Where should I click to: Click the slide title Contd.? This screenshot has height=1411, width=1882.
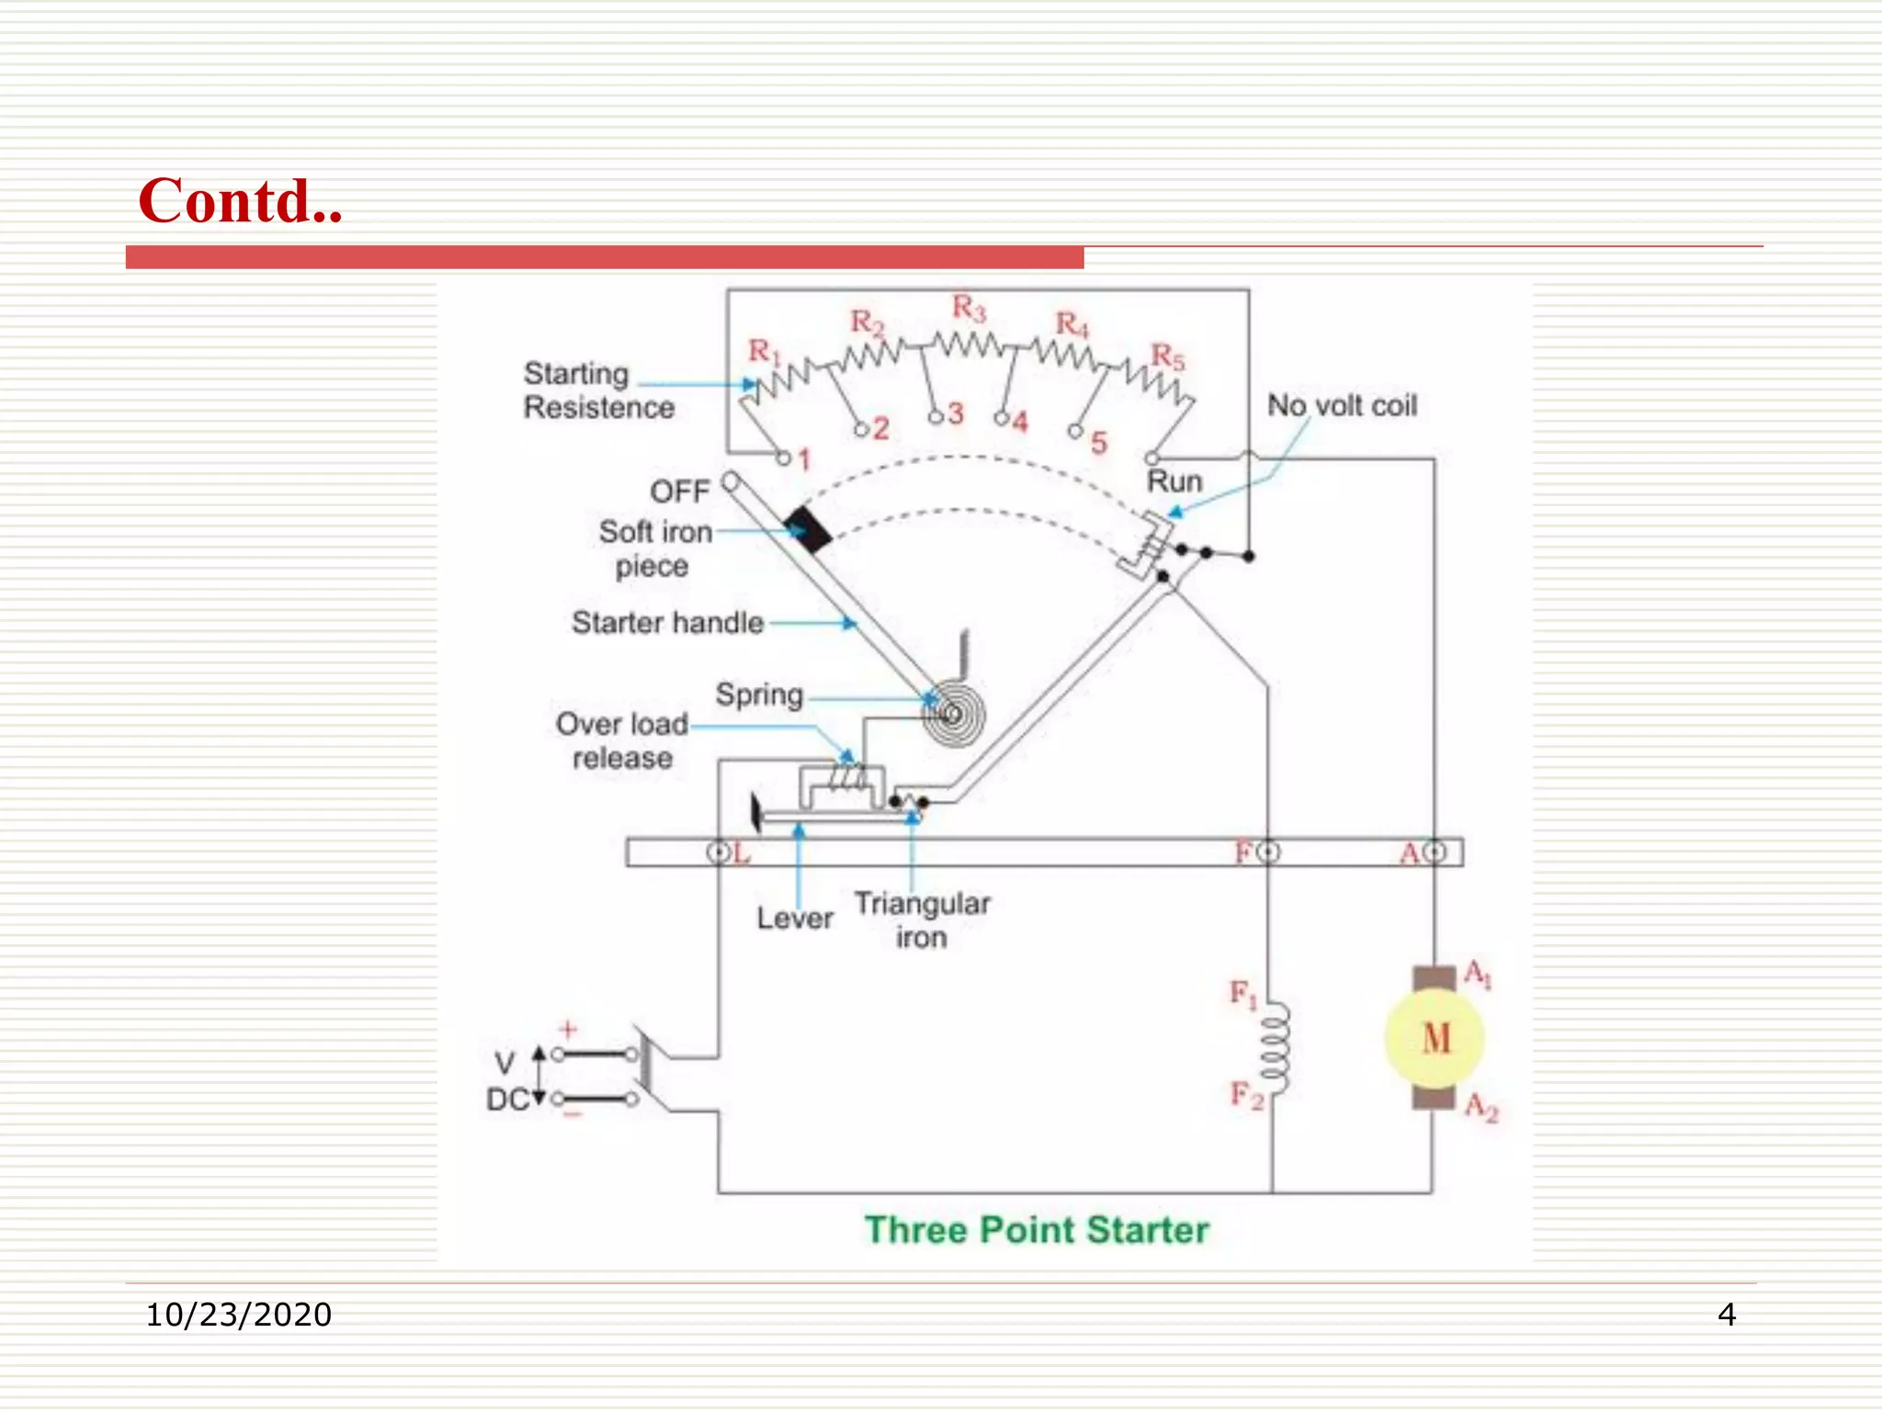coord(240,201)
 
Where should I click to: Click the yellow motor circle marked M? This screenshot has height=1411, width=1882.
coord(1434,1039)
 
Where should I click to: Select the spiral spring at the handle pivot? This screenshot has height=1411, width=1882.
coord(954,714)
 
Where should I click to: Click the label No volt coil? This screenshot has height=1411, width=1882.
coord(1342,405)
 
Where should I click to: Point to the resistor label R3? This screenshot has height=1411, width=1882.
coord(969,308)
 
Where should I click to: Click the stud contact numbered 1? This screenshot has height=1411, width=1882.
coord(784,457)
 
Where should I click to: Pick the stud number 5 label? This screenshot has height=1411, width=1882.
coord(1098,444)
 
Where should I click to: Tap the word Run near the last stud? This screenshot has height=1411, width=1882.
coord(1174,481)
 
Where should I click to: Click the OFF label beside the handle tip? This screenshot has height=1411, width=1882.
coord(680,491)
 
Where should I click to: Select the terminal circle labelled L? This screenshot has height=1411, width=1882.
coord(718,852)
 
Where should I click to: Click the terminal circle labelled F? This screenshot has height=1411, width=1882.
coord(1268,852)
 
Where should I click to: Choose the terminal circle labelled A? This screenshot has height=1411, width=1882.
coord(1434,852)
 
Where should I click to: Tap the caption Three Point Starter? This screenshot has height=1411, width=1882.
coord(1037,1230)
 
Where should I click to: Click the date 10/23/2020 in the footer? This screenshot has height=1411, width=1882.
coord(239,1315)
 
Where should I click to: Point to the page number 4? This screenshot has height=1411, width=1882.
coord(1727,1315)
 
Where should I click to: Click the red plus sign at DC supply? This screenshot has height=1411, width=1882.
coord(568,1029)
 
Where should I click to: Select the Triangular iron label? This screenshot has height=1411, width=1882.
coord(922,920)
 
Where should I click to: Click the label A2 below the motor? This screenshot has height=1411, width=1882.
coord(1481,1107)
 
